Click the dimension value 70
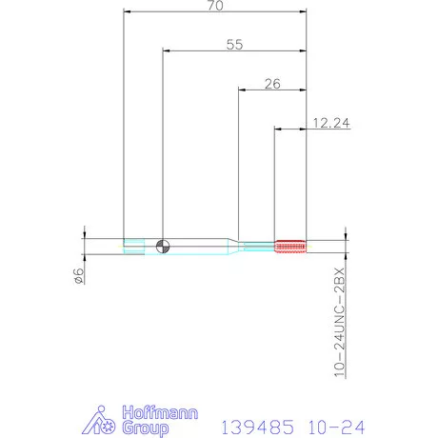click(216, 6)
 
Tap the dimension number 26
click(271, 84)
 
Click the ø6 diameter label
click(79, 276)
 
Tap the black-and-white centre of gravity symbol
click(163, 245)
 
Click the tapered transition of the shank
click(231, 245)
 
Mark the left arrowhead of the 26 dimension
click(240, 90)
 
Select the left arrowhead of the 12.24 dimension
click(278, 128)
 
